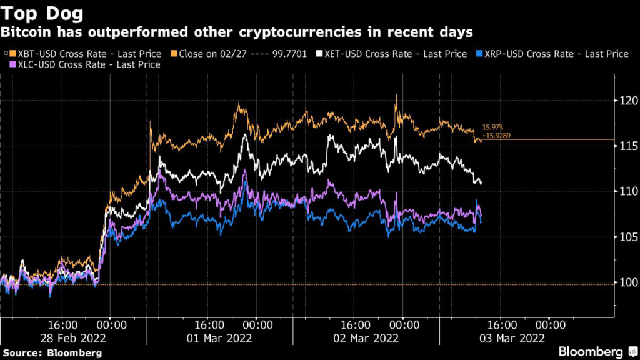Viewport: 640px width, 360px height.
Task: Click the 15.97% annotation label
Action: (x=492, y=127)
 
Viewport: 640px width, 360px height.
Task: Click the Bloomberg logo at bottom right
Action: (x=591, y=351)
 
